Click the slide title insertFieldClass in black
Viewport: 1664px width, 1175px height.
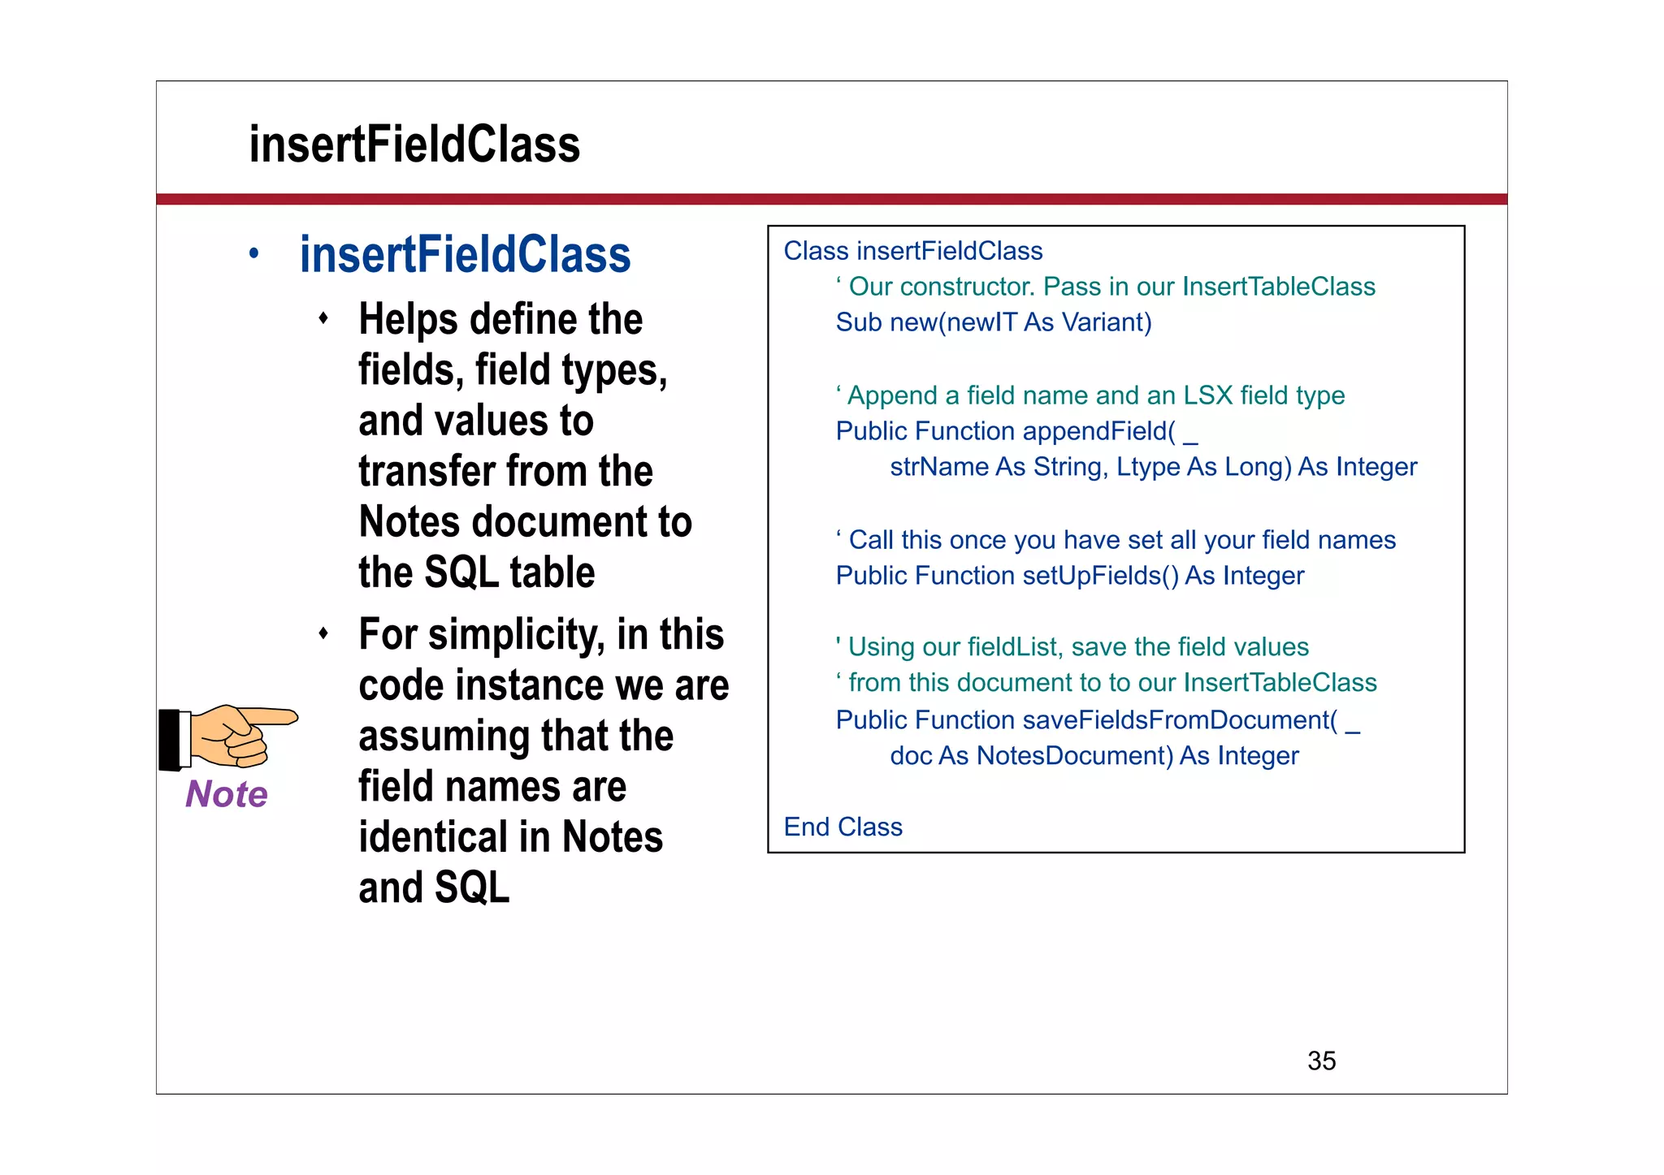click(x=414, y=145)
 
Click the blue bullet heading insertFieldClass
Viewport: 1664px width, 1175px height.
click(x=465, y=255)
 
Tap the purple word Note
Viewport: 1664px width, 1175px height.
click(x=226, y=794)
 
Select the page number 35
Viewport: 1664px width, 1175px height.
click(x=1321, y=1061)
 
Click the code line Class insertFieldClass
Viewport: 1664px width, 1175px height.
click(x=912, y=251)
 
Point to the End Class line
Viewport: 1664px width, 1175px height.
click(x=843, y=827)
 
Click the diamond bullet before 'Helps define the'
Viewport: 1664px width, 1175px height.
click(x=323, y=318)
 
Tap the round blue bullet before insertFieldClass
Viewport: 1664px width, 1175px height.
click(x=253, y=254)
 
